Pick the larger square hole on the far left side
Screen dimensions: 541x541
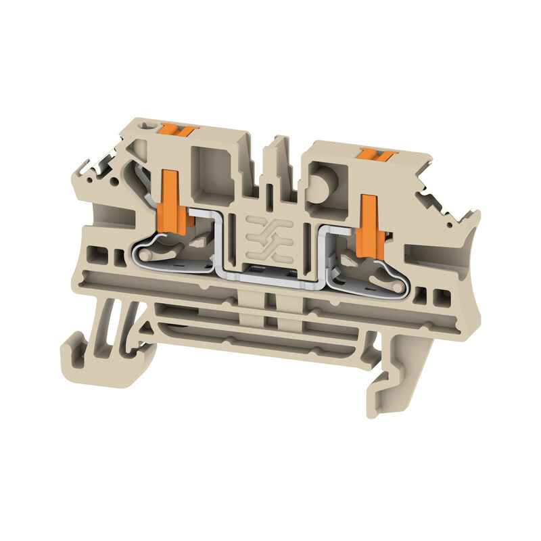tap(99, 255)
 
